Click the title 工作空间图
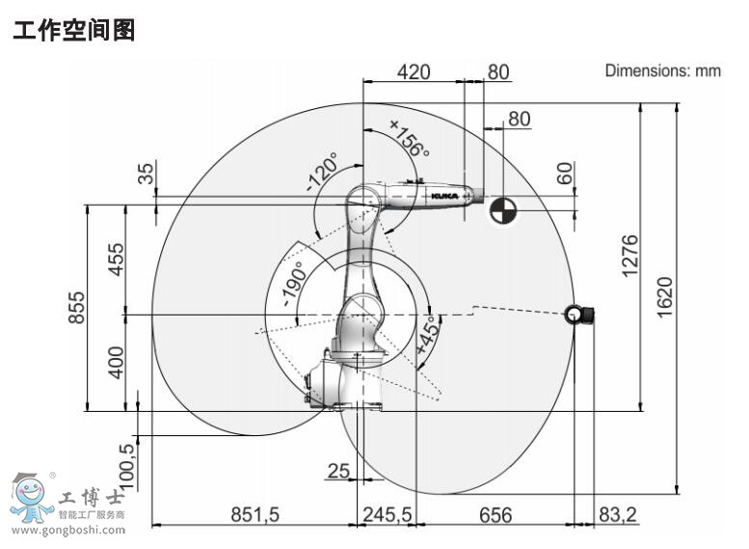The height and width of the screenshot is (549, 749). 74,31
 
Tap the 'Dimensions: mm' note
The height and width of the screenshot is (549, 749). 662,70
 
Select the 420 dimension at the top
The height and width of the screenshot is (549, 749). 414,71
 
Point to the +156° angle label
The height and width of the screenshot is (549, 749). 409,136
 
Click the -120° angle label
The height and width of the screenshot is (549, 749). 322,173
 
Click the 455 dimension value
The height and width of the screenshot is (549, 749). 116,259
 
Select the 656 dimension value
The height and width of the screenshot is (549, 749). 495,515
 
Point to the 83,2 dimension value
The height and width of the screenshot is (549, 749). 618,515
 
